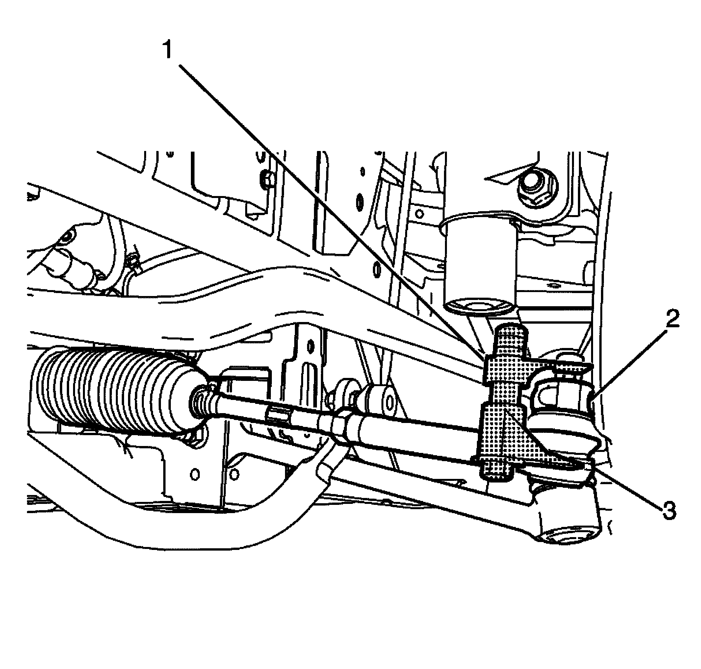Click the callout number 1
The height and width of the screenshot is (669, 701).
[x=167, y=50]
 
